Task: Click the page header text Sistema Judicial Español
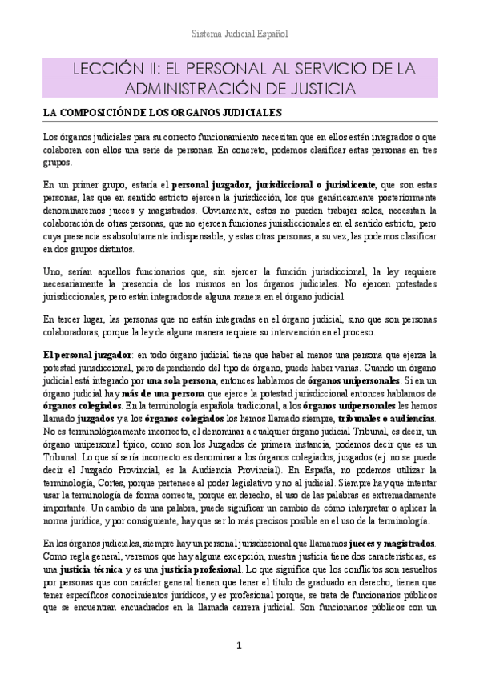tap(240, 34)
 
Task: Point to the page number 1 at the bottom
tap(240, 645)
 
